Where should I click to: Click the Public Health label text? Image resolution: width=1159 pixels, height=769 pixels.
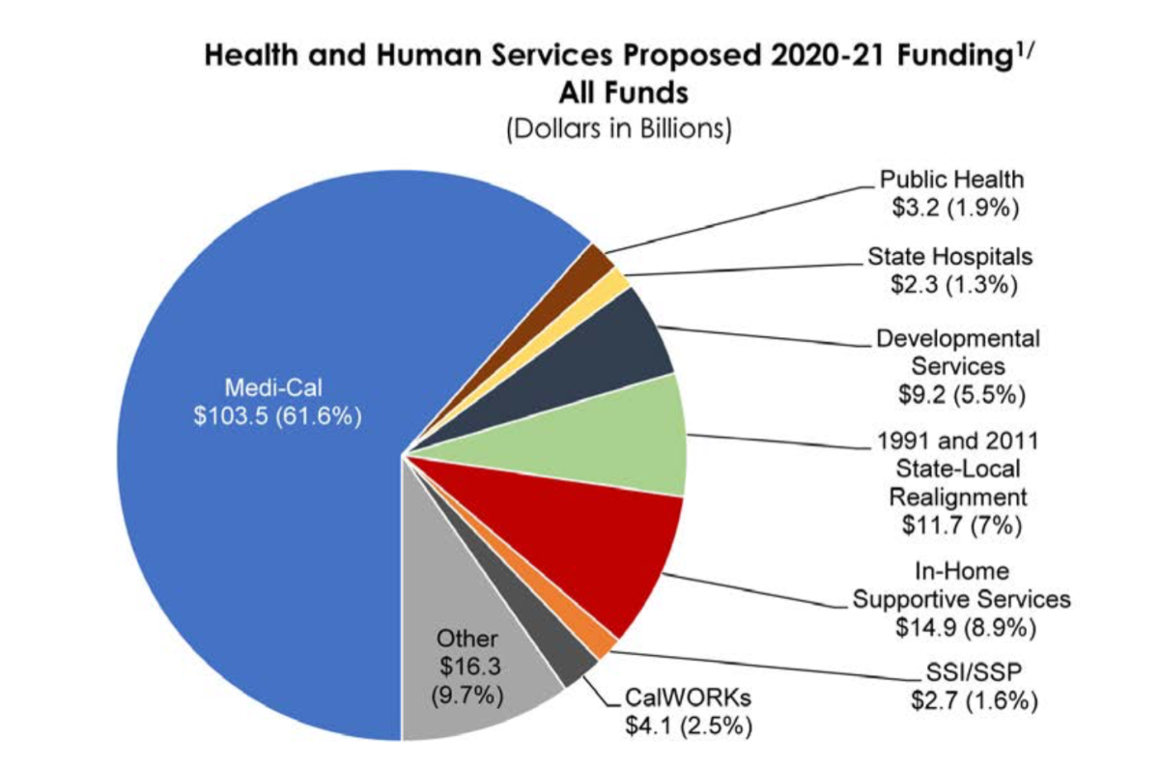(951, 180)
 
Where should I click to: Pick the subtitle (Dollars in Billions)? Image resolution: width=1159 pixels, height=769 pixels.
(618, 129)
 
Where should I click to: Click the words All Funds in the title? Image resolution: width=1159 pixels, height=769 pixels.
(618, 93)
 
